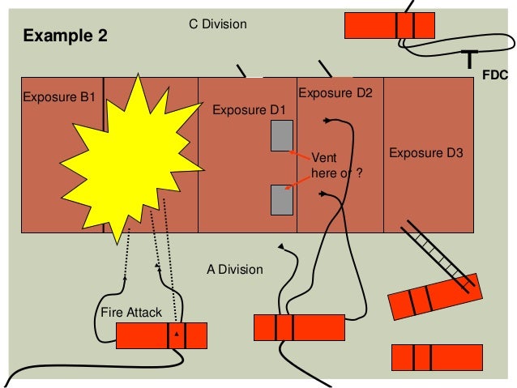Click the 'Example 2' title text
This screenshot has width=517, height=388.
point(64,36)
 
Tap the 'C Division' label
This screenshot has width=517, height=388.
point(217,25)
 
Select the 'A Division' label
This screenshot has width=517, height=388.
point(234,269)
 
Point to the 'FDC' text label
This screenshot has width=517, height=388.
point(494,75)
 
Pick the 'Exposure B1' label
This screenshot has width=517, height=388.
point(59,97)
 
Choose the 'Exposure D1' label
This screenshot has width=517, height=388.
point(250,109)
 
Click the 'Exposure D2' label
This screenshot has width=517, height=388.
point(335,94)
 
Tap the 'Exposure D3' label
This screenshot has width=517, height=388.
point(426,152)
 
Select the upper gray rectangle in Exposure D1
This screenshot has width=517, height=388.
point(281,135)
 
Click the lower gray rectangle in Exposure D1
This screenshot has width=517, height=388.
point(281,199)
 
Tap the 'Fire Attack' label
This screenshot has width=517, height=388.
point(131,312)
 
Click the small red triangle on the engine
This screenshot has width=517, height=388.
point(176,333)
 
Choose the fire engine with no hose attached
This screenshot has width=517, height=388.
point(437,356)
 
